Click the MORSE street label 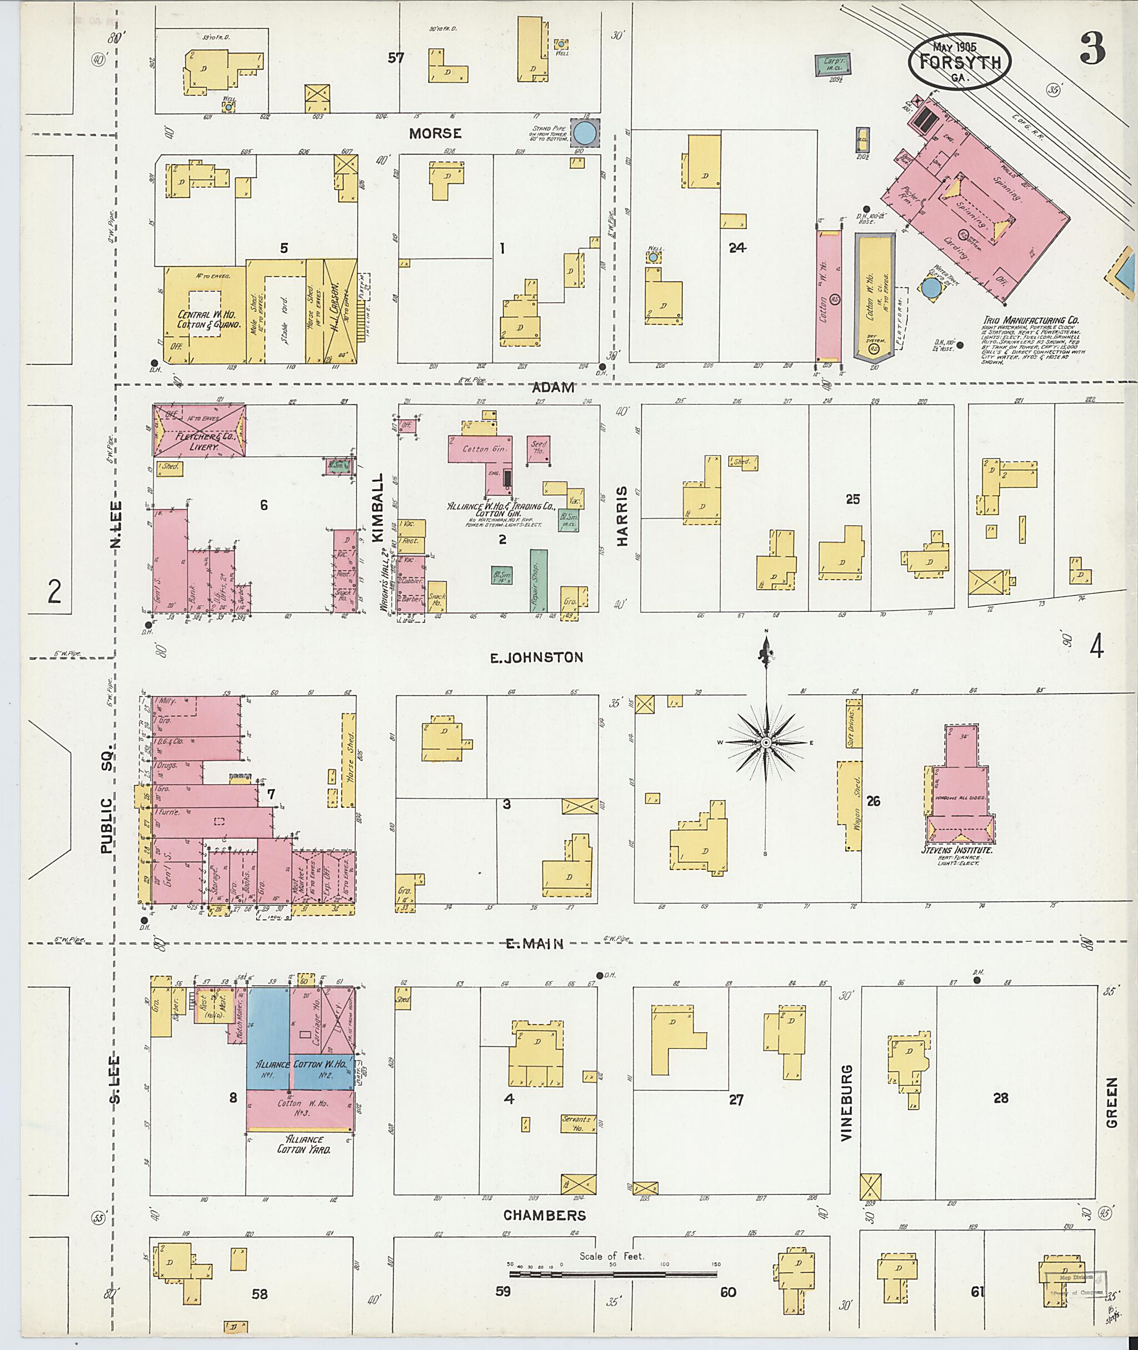[436, 133]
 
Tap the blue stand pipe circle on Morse [585, 133]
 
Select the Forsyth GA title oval [959, 62]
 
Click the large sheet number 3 [1092, 48]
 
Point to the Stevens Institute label [956, 850]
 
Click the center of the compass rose [766, 743]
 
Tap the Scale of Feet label [611, 1256]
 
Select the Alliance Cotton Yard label [305, 1144]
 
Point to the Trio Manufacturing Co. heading [1030, 320]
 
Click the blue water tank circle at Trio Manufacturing [931, 288]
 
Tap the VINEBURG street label [846, 1102]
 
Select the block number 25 [852, 499]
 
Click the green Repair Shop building [538, 580]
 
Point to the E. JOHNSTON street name [536, 657]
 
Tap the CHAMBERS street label [545, 1215]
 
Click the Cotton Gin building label [485, 449]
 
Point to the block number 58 [259, 1294]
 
